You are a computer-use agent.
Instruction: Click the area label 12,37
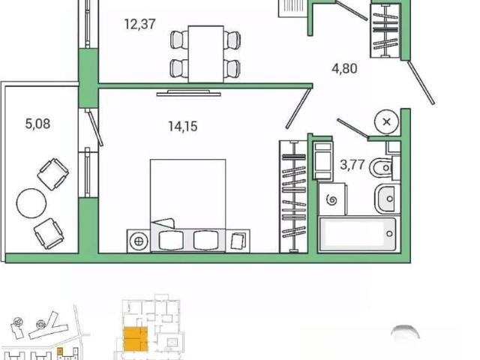[140, 24]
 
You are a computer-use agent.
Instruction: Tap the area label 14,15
[183, 126]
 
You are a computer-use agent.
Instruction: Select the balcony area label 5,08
[37, 124]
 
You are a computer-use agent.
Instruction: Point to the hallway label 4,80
[344, 68]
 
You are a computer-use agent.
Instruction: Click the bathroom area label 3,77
[352, 165]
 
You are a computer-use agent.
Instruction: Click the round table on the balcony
[31, 203]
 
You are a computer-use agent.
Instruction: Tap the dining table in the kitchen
[205, 54]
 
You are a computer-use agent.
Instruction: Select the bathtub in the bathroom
[357, 235]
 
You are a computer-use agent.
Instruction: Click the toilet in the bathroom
[381, 168]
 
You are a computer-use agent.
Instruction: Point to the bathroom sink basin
[387, 199]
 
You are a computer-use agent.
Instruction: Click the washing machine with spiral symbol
[332, 199]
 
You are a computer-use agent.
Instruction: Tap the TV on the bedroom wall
[188, 93]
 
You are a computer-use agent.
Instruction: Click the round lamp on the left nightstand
[139, 241]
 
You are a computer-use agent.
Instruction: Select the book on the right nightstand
[238, 241]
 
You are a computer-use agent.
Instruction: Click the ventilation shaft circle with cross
[387, 121]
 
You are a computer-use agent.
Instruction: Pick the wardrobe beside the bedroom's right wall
[294, 196]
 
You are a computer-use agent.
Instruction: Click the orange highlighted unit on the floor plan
[136, 339]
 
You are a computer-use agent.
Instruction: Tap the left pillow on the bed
[171, 240]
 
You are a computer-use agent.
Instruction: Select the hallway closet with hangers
[385, 31]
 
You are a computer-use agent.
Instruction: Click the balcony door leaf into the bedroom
[94, 127]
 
